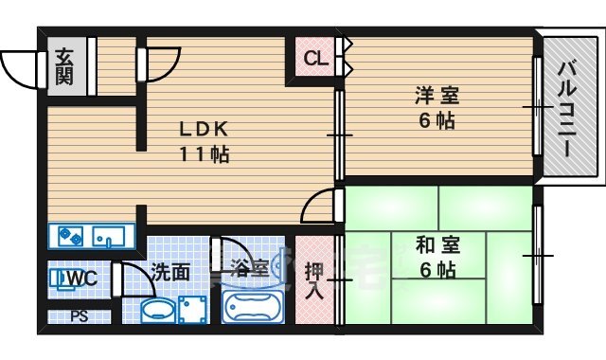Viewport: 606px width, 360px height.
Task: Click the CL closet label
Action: (x=314, y=59)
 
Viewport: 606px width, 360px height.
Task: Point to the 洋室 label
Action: (x=434, y=96)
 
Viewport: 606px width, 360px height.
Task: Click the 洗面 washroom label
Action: (x=171, y=272)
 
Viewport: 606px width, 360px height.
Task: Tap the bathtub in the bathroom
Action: (x=253, y=308)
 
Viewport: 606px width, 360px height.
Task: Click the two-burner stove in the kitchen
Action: (x=70, y=234)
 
